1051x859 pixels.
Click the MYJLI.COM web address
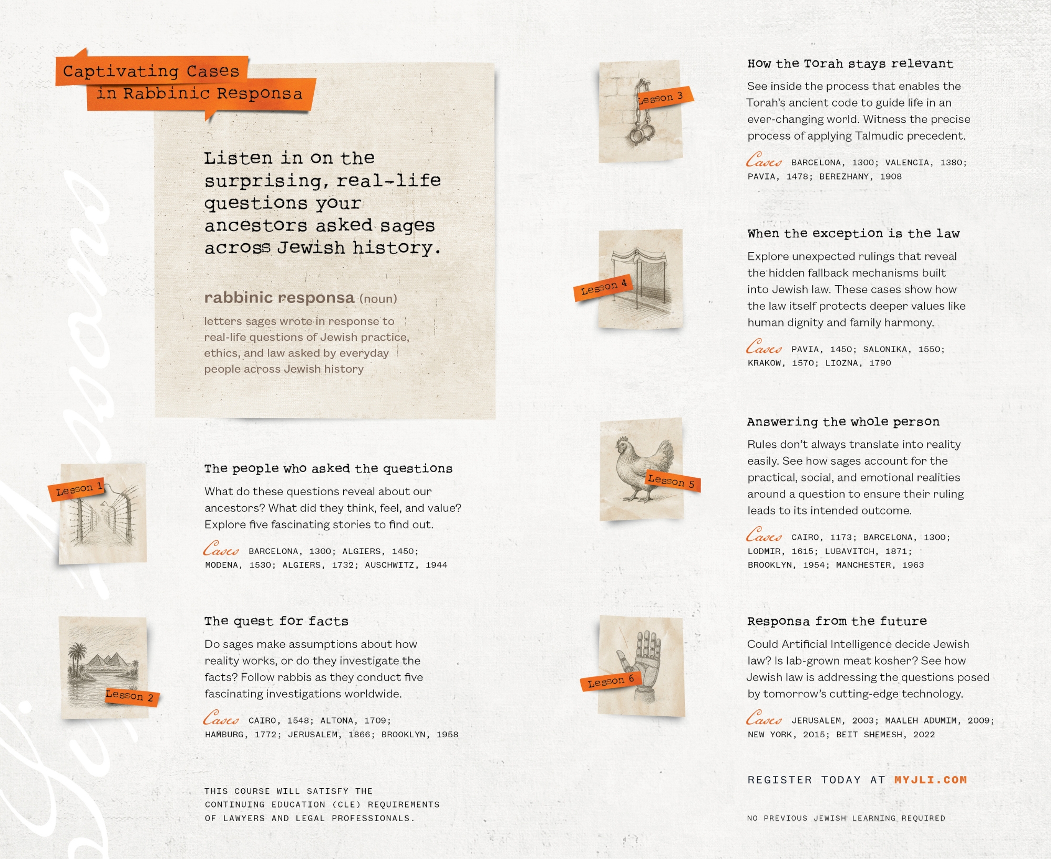coord(931,780)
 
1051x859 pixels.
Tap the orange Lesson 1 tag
coord(79,489)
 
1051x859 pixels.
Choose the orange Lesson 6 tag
coord(611,681)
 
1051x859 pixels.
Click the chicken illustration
coord(644,469)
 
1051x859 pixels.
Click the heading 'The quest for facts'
coord(276,621)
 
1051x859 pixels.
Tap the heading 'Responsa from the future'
coord(837,621)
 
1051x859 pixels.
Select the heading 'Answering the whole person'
coord(843,422)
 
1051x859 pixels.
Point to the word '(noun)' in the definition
coord(378,299)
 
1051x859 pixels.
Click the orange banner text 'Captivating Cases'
coord(151,71)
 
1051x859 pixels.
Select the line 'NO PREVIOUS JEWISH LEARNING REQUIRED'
coord(847,818)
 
